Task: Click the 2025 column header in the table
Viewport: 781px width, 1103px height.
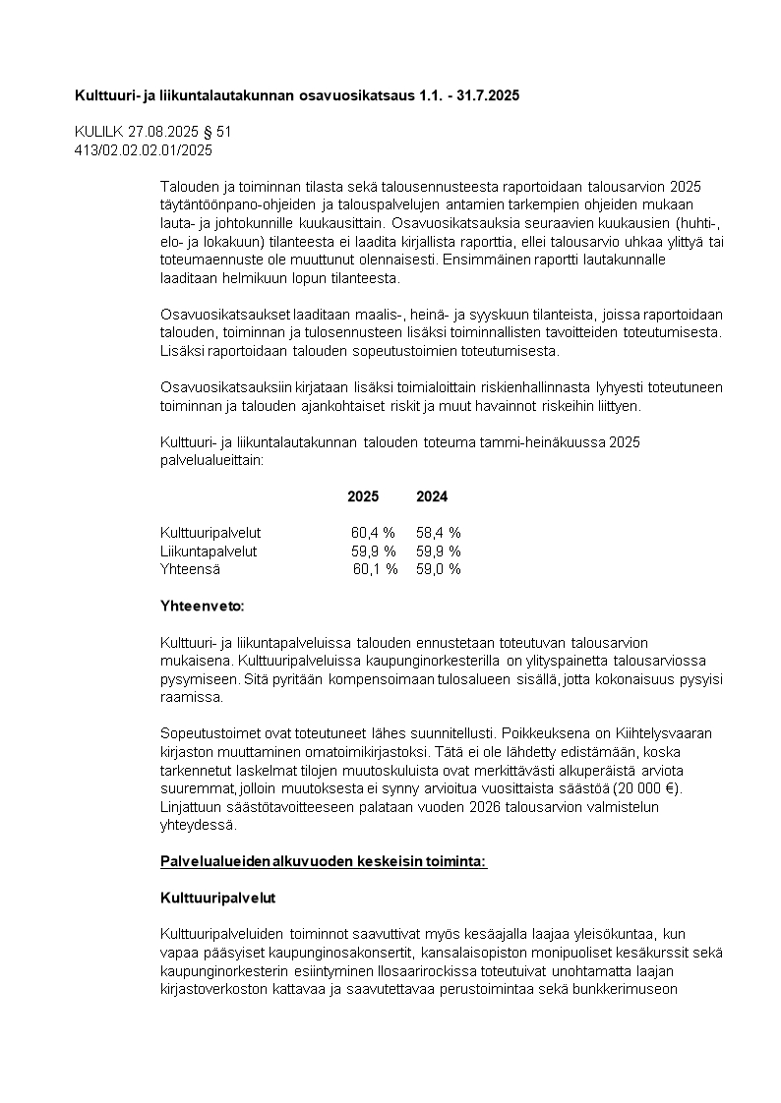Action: (363, 496)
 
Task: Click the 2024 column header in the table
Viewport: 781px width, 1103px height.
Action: (432, 496)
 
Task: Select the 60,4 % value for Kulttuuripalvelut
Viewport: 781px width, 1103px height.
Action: (374, 533)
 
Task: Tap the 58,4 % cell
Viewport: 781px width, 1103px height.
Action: (439, 533)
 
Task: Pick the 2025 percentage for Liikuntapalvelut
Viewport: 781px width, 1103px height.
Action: (374, 551)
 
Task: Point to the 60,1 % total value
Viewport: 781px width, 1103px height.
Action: (375, 568)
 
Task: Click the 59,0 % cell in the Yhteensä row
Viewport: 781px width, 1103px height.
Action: (439, 568)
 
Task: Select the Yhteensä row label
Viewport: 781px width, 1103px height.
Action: (190, 568)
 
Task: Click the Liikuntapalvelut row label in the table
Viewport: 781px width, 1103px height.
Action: (209, 551)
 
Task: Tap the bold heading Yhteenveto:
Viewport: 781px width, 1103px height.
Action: (202, 605)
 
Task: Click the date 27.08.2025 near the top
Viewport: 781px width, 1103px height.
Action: (161, 132)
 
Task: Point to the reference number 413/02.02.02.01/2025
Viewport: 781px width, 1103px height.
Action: (144, 149)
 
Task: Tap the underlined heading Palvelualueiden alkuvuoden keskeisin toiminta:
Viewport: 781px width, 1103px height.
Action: (324, 861)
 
